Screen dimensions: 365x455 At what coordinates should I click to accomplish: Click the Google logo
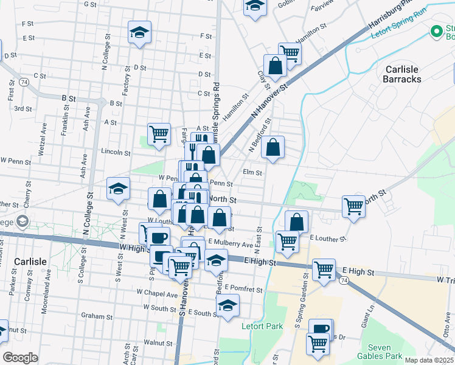point(20,358)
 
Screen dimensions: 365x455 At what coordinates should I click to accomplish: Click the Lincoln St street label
point(116,152)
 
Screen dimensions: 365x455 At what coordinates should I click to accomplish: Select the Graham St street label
point(97,316)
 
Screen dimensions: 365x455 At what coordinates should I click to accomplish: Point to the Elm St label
point(252,173)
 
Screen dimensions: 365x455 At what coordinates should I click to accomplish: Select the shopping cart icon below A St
point(159,133)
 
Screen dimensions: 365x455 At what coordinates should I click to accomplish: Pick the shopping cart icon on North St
point(353,206)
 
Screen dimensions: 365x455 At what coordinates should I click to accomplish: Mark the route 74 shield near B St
point(24,81)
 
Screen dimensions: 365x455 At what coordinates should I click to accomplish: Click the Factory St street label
point(126,81)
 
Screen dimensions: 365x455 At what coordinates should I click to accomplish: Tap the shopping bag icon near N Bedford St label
point(273,147)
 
